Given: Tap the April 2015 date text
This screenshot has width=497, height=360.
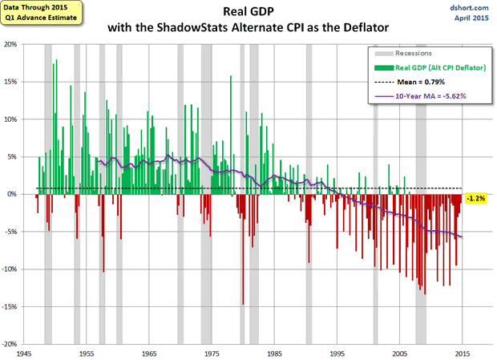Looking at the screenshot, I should tap(470, 17).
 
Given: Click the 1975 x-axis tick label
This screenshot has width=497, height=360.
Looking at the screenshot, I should tap(212, 353).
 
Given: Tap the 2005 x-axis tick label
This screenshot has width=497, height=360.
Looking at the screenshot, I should tap(400, 353).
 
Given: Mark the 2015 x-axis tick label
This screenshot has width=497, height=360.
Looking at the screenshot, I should tap(463, 353).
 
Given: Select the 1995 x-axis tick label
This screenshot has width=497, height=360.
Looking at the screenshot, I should tap(337, 353).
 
